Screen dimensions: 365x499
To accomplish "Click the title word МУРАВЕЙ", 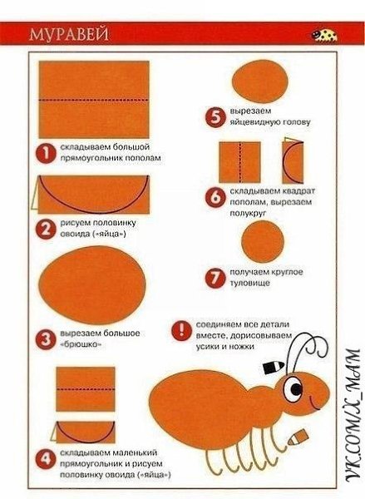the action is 69,34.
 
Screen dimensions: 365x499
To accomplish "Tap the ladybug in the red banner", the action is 324,35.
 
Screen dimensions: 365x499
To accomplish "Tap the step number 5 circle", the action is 215,117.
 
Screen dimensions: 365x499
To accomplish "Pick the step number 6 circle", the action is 215,197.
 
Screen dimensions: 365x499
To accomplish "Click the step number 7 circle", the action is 215,278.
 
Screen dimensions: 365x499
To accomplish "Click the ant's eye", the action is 293,390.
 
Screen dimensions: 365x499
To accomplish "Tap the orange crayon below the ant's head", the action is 298,437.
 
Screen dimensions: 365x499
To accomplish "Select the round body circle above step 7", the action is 263,241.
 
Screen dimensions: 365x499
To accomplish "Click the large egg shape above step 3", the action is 92,285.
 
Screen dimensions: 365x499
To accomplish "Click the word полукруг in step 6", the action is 248,213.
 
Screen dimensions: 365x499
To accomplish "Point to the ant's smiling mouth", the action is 315,403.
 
